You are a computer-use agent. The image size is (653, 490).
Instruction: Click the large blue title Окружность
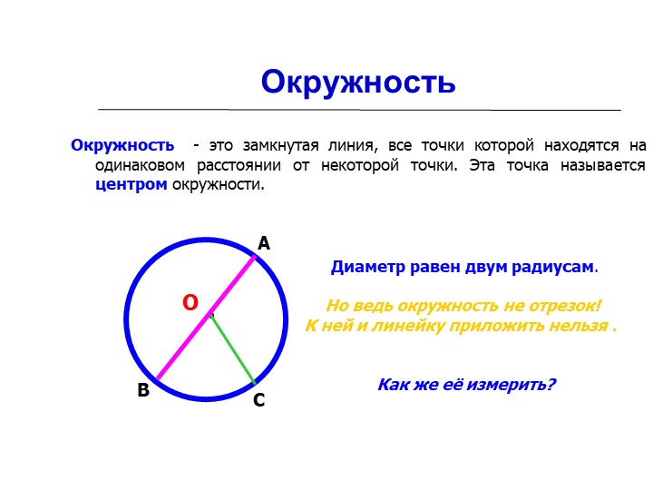point(358,83)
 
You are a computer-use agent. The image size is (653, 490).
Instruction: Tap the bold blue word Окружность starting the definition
point(122,145)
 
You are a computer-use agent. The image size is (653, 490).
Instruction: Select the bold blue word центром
point(132,184)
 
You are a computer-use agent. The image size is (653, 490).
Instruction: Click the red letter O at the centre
point(190,303)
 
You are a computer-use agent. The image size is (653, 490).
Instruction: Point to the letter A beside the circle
point(264,243)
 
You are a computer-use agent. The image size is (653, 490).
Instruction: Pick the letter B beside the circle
point(143,390)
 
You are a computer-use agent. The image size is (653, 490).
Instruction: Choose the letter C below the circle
point(259,400)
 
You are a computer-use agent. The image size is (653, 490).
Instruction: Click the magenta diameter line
point(206,318)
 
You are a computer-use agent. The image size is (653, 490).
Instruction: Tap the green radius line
point(232,348)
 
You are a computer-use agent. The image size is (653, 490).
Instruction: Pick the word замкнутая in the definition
point(280,146)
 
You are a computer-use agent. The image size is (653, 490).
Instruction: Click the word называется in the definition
point(602,165)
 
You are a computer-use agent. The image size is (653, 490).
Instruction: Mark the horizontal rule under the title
point(359,110)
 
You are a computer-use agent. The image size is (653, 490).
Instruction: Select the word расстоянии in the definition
point(239,165)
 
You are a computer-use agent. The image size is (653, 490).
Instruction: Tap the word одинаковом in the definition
point(140,165)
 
